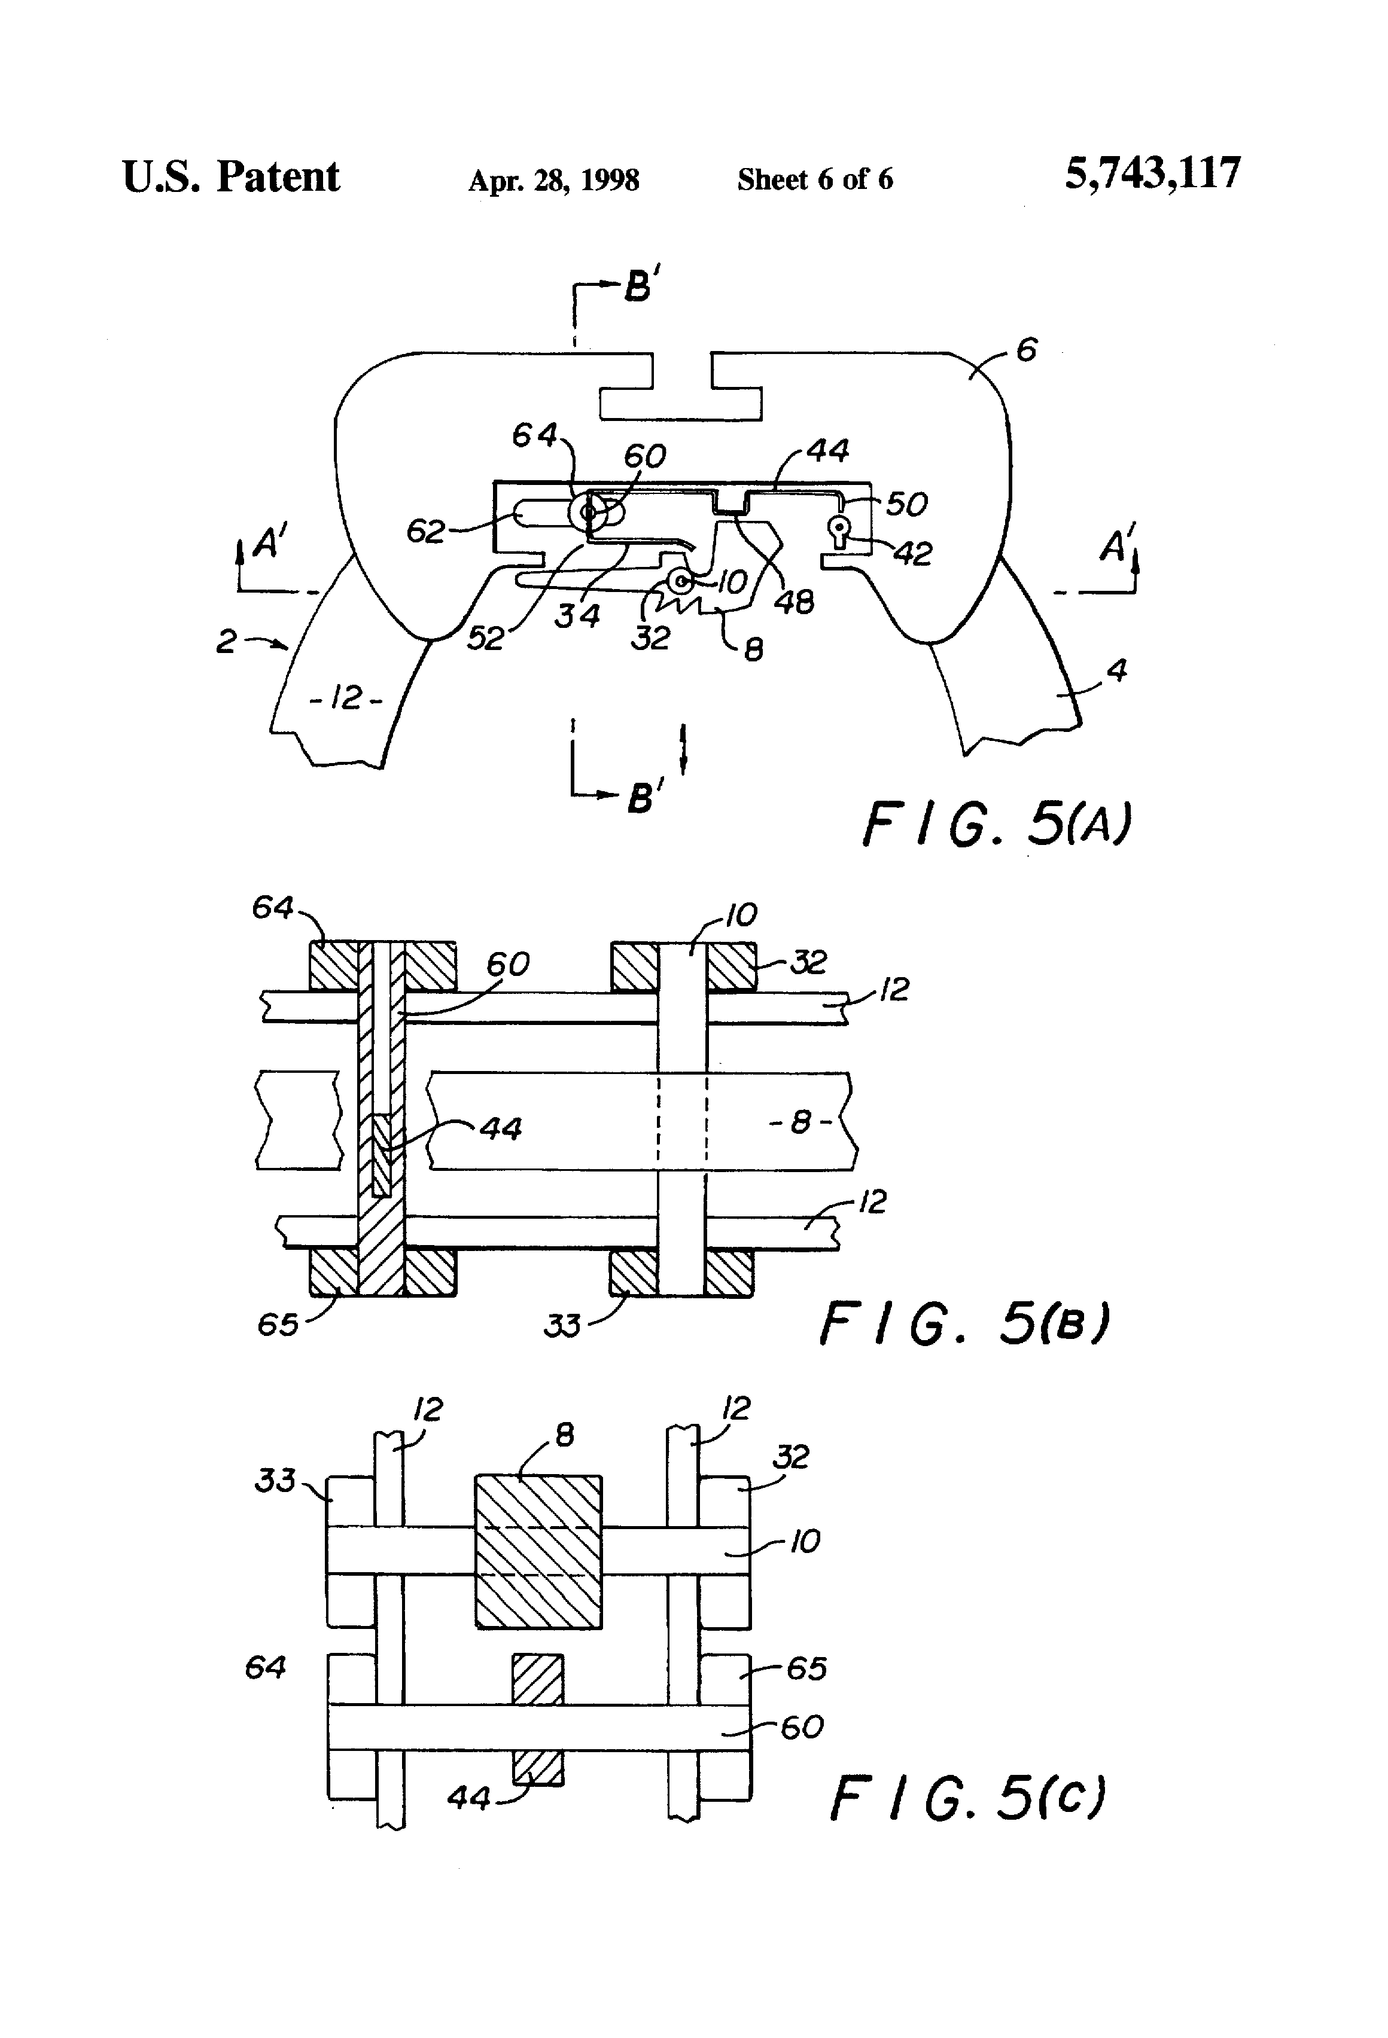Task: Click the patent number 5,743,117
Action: point(1153,173)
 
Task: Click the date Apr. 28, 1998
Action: point(553,181)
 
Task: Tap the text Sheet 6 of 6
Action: point(815,180)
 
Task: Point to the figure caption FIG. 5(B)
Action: point(965,1323)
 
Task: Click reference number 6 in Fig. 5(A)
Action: point(1025,351)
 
